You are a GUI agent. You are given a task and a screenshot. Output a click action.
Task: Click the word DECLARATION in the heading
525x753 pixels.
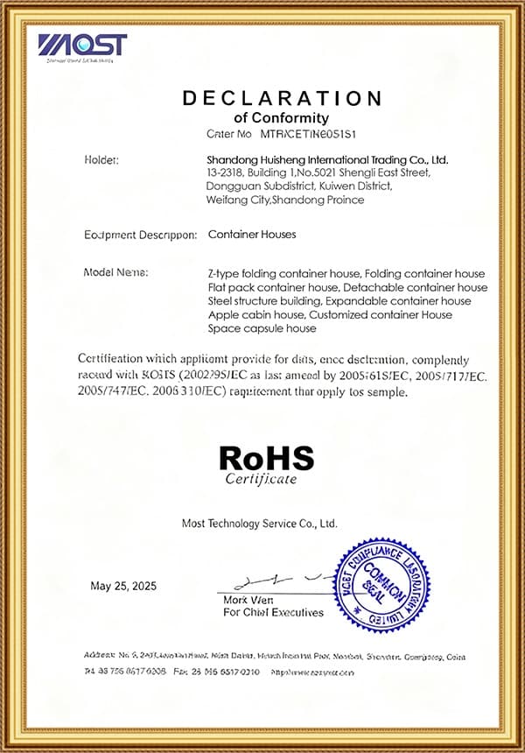282,98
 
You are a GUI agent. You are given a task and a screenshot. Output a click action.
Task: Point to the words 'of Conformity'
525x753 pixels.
282,117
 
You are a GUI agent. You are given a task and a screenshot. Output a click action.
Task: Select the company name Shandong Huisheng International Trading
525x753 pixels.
327,160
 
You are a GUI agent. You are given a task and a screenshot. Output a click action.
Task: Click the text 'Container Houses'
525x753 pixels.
252,235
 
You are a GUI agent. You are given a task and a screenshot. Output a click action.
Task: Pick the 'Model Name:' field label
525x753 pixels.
115,272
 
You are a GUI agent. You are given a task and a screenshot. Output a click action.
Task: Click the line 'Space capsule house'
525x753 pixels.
262,328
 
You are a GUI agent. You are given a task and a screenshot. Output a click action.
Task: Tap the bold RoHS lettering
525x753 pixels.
266,458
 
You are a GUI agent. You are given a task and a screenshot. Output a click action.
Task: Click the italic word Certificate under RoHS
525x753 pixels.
261,479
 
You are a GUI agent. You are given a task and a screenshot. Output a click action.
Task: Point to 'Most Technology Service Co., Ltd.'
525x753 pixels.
259,523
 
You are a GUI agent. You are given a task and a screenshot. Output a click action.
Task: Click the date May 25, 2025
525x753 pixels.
123,586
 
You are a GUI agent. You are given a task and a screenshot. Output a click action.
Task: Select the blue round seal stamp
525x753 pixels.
381,583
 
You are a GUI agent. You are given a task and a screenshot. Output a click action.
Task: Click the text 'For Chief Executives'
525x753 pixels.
273,612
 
